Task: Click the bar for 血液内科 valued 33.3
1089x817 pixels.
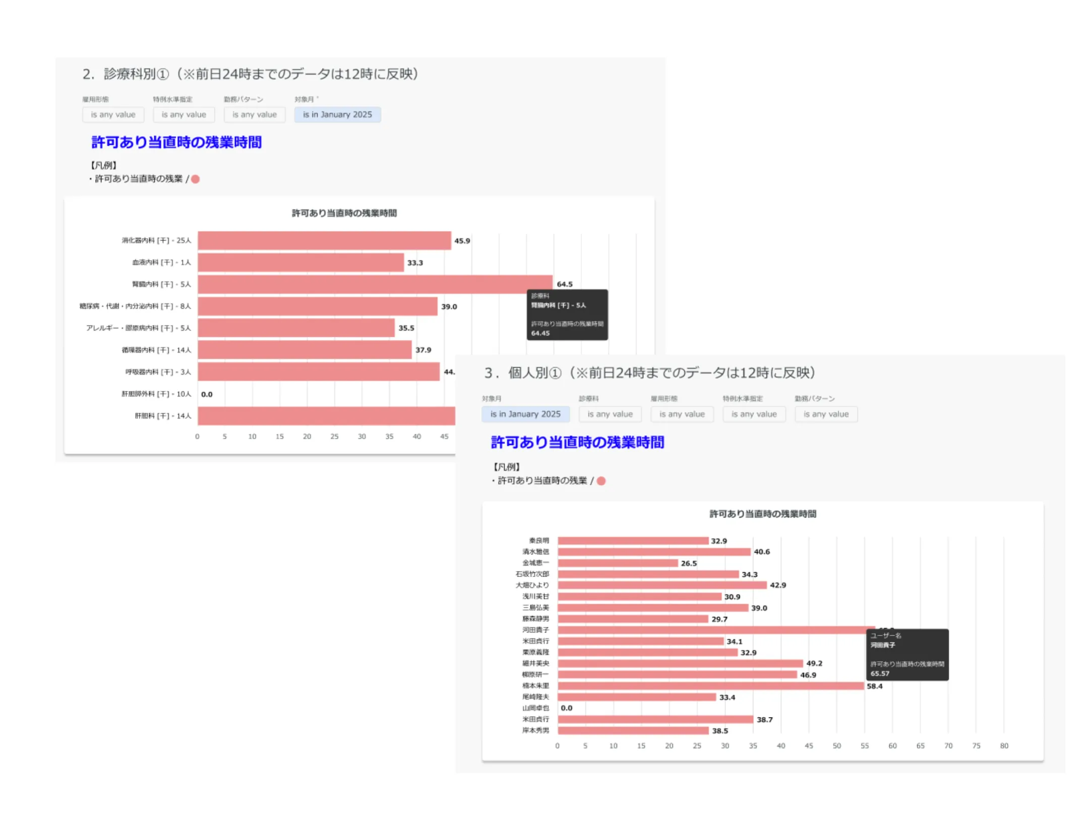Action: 300,263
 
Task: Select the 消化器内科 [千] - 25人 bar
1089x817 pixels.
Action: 324,241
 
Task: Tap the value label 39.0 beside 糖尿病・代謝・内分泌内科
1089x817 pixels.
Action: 449,307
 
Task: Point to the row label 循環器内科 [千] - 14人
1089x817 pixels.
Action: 156,350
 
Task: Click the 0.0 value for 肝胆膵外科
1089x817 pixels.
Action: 207,394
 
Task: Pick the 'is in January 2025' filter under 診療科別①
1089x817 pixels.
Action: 337,115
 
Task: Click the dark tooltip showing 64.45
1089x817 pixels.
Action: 567,315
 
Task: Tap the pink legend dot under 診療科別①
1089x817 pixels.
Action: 196,179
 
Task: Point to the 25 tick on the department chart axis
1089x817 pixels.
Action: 334,437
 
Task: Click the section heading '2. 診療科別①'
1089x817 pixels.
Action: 250,74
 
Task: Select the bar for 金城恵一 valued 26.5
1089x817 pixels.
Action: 617,563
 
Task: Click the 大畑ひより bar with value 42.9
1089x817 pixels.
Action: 661,585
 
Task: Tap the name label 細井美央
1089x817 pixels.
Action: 535,664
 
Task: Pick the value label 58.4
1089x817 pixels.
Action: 874,686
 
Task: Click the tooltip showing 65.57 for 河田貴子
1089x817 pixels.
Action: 907,655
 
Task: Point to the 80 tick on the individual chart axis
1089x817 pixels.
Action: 1004,746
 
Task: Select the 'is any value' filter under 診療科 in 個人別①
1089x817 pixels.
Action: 610,415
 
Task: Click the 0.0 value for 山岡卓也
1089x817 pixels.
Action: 566,709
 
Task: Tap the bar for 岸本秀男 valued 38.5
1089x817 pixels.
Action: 633,731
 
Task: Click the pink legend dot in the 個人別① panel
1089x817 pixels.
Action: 601,481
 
